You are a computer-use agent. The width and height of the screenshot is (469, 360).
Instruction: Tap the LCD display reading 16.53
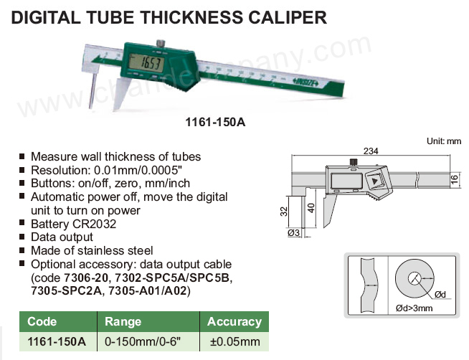click(146, 63)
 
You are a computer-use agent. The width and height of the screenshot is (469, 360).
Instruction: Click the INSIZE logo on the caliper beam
click(308, 82)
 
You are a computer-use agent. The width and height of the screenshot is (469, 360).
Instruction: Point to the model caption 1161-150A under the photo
click(215, 122)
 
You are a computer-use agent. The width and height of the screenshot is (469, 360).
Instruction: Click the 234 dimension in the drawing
click(371, 151)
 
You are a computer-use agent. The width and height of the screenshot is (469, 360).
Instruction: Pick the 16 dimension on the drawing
click(454, 180)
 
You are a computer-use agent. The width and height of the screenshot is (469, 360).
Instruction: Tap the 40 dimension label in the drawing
click(311, 208)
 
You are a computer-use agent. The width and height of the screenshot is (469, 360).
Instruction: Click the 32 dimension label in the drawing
click(284, 212)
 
